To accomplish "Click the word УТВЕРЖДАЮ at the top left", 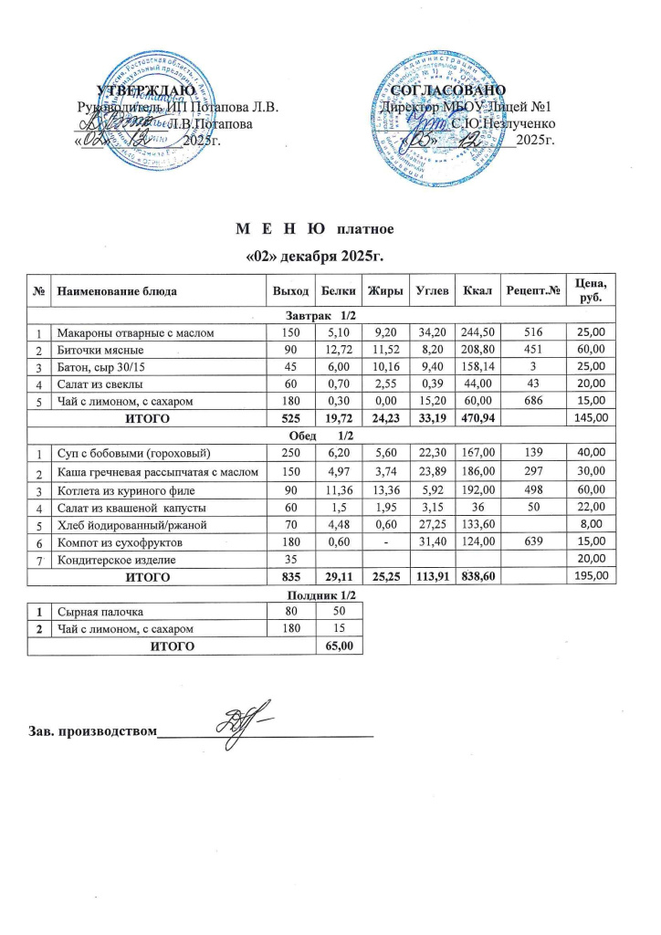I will (145, 90).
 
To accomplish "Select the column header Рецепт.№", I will (531, 290).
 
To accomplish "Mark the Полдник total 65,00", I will (339, 646).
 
